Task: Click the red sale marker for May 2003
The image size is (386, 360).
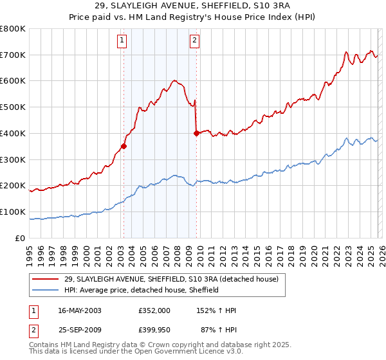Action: point(124,145)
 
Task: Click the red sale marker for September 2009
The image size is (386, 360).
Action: point(196,133)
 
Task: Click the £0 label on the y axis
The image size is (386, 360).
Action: point(21,238)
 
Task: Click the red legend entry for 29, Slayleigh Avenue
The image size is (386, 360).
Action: point(170,279)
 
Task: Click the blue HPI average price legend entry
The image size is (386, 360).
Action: point(142,290)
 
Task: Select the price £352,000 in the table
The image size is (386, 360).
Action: point(154,310)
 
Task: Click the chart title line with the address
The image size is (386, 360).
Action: point(193,7)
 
